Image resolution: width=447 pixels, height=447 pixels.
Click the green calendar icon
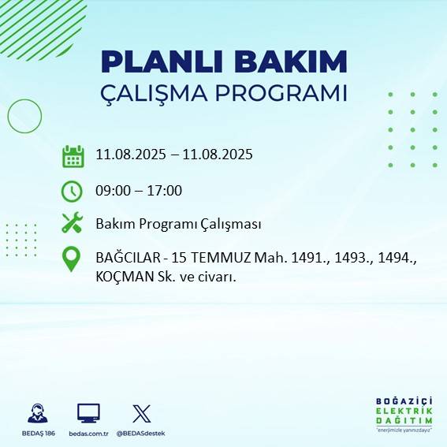(73, 156)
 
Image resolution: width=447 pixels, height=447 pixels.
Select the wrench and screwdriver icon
(73, 223)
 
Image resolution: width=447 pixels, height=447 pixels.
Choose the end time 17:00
(166, 190)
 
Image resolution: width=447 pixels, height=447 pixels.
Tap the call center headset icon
(37, 413)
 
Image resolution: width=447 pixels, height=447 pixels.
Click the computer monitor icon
(88, 413)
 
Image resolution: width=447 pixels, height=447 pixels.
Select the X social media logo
(142, 413)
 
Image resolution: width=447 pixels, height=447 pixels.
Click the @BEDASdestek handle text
(142, 434)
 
